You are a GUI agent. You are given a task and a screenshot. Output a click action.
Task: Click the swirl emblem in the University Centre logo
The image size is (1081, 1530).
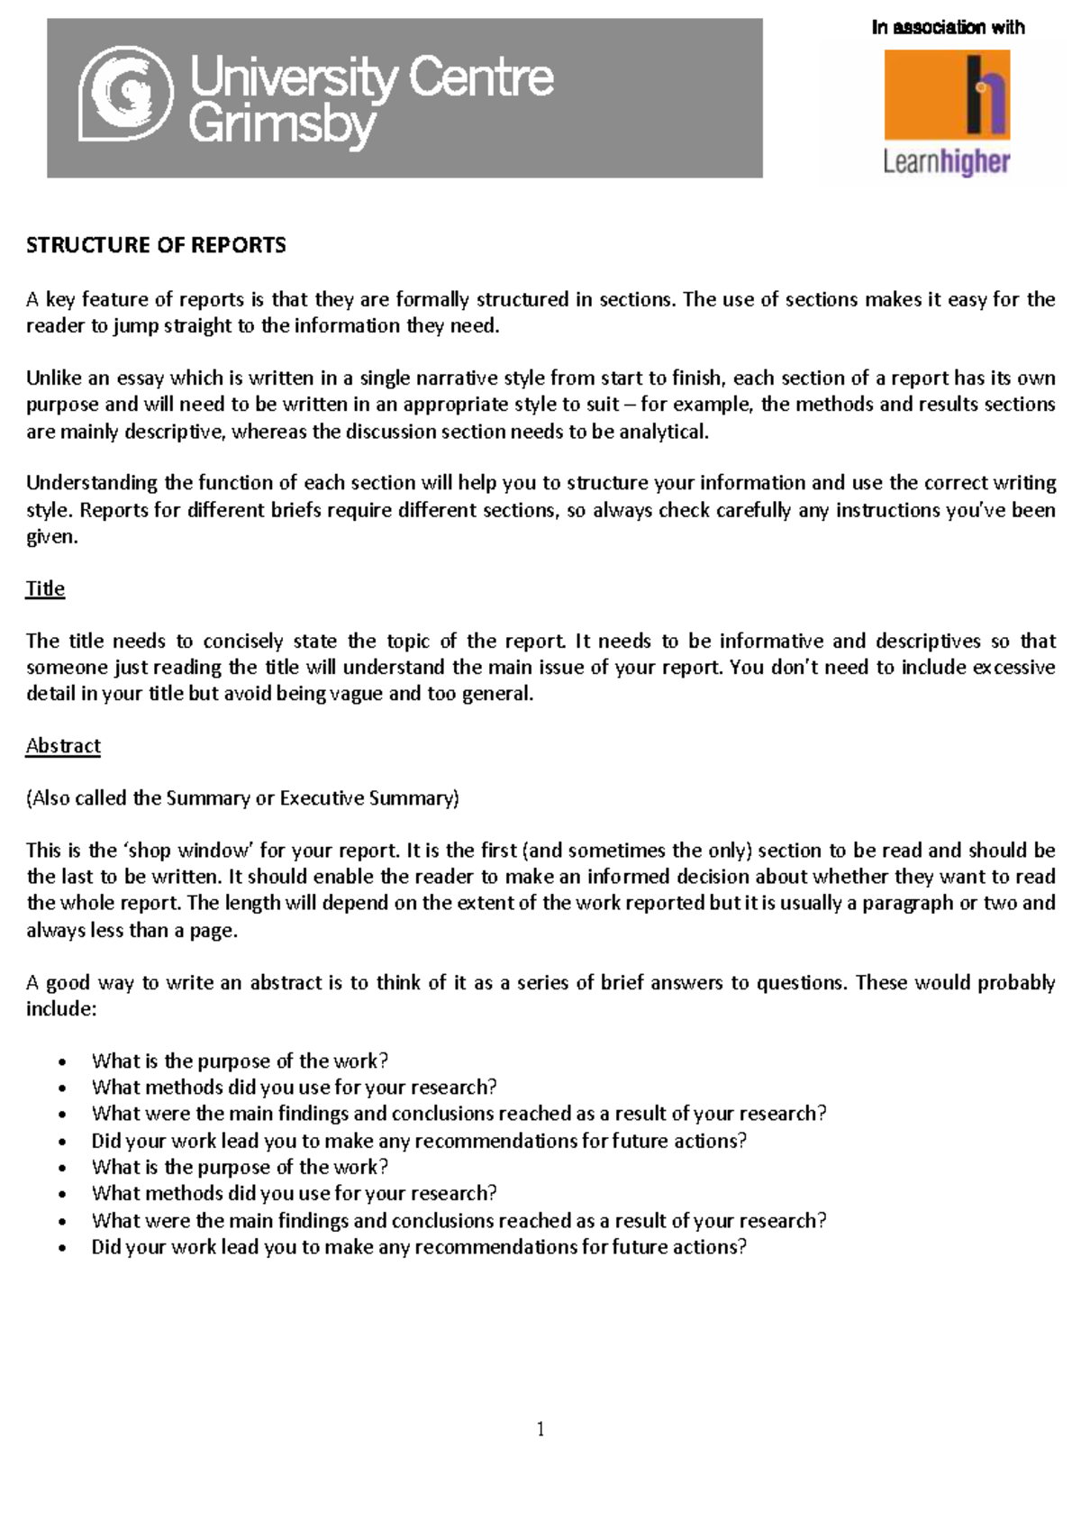[x=126, y=95]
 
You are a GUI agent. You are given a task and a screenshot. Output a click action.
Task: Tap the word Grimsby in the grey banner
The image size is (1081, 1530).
[x=282, y=124]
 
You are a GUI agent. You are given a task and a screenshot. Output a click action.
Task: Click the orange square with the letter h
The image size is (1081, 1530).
[x=947, y=94]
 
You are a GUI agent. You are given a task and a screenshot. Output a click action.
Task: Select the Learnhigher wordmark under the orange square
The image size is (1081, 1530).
[x=947, y=162]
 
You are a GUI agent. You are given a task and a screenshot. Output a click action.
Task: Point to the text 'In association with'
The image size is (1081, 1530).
[x=948, y=28]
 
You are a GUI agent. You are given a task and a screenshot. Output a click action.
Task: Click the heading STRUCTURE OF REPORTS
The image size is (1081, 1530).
[x=156, y=245]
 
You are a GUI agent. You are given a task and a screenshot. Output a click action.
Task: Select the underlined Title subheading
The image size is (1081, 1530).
[x=45, y=588]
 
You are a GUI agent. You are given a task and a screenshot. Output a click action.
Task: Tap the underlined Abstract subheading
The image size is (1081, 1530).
[x=63, y=746]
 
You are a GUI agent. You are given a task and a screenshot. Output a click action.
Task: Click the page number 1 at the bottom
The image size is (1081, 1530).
[x=540, y=1429]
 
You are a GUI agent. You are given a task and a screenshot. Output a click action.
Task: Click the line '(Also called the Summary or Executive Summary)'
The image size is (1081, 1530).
[x=242, y=798]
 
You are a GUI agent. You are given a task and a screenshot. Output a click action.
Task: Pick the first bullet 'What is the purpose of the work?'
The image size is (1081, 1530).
[x=240, y=1061]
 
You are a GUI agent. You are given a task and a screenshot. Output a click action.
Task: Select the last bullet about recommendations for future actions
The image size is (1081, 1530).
[x=419, y=1247]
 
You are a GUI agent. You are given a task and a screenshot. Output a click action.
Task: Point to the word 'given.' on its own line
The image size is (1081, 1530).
[x=52, y=537]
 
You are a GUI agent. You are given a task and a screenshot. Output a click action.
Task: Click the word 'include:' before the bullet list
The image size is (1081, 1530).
[x=60, y=1009]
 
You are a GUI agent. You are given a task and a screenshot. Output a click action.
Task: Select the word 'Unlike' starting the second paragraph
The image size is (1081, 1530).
[x=54, y=378]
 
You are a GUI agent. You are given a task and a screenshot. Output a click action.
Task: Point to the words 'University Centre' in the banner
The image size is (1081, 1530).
[x=372, y=77]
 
